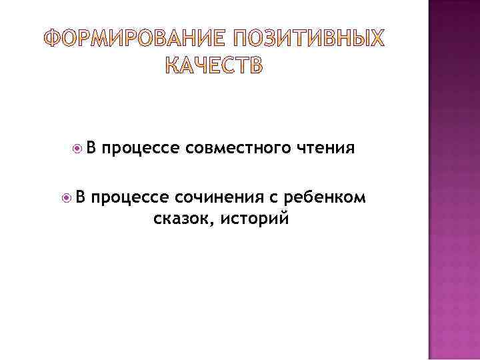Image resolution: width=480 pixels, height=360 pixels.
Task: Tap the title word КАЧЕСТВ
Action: click(x=213, y=66)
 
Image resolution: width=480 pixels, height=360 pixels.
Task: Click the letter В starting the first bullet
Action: click(x=91, y=147)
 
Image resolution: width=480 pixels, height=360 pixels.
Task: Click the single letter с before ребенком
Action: click(x=273, y=198)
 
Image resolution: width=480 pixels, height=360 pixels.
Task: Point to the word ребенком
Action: click(x=325, y=198)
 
